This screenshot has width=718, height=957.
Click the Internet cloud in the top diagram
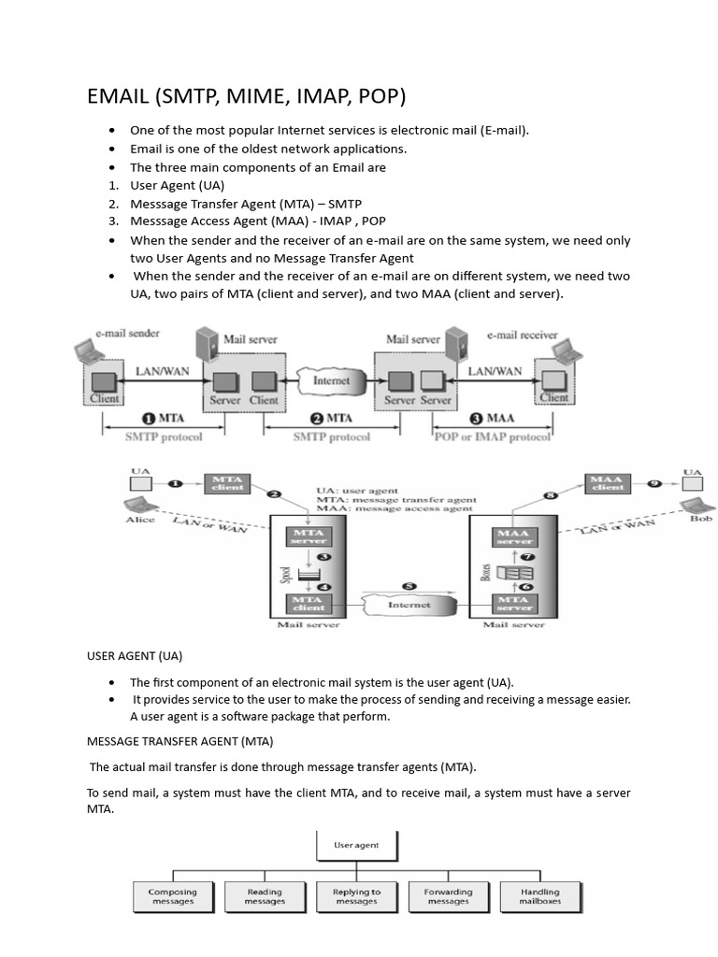coord(331,381)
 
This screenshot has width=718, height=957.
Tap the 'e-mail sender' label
coord(127,334)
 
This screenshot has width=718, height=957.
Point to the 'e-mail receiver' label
coord(522,335)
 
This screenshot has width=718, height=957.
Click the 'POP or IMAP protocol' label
coord(493,436)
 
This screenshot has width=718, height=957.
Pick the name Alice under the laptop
coord(140,520)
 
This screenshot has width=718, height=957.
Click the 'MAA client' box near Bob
coord(608,482)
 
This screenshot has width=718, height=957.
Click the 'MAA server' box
coord(514,537)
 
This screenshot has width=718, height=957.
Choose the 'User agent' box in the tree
coord(356,845)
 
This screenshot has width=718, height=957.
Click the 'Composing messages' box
coord(172,896)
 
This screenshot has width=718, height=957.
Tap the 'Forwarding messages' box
coord(448,896)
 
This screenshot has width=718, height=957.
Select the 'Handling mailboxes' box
coord(540,896)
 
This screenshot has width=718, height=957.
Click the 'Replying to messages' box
coord(356,896)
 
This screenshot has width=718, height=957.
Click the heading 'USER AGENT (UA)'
coord(135,656)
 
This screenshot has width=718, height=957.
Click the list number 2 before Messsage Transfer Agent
coord(112,204)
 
